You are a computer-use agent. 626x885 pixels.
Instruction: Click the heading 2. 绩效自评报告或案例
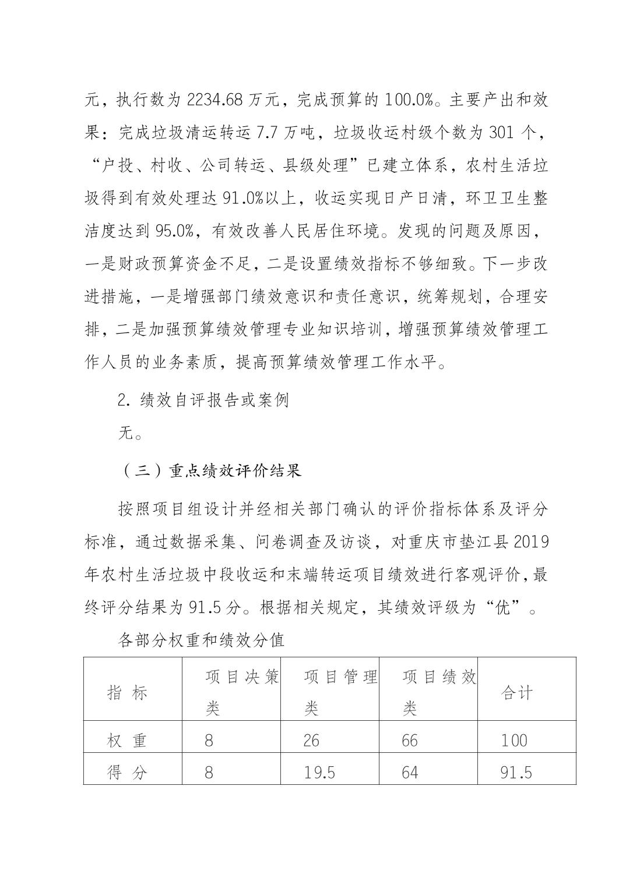[x=203, y=401]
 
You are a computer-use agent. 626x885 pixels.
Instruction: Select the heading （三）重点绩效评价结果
[x=212, y=470]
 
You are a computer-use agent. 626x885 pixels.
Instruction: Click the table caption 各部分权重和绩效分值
[x=201, y=640]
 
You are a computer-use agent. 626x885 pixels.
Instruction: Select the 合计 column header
[x=516, y=693]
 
